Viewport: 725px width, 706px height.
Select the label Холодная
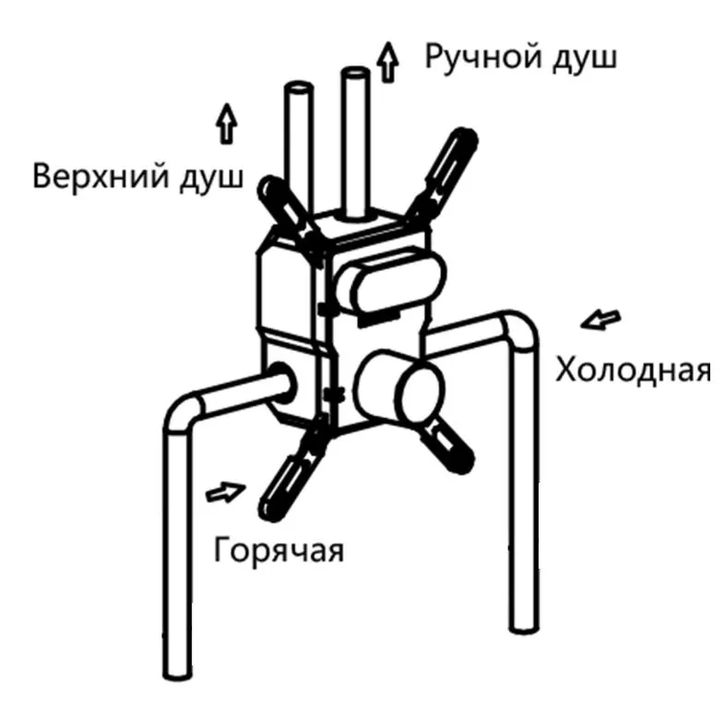pyautogui.click(x=633, y=369)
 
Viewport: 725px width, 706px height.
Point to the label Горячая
pyautogui.click(x=279, y=549)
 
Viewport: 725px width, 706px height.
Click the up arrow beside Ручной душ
pyautogui.click(x=388, y=63)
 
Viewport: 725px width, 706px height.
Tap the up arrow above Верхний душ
pyautogui.click(x=226, y=124)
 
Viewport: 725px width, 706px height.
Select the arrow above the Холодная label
pyautogui.click(x=600, y=320)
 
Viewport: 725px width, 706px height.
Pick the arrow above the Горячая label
pyautogui.click(x=225, y=491)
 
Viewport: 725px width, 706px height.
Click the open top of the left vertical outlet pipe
pyautogui.click(x=298, y=88)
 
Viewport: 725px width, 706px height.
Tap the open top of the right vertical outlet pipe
pyautogui.click(x=355, y=74)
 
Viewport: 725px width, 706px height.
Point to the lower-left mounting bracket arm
pyautogui.click(x=292, y=471)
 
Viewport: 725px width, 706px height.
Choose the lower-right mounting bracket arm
pyautogui.click(x=444, y=443)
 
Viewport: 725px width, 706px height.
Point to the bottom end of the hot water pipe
pyautogui.click(x=178, y=672)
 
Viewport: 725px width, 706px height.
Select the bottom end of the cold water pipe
pyautogui.click(x=524, y=624)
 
